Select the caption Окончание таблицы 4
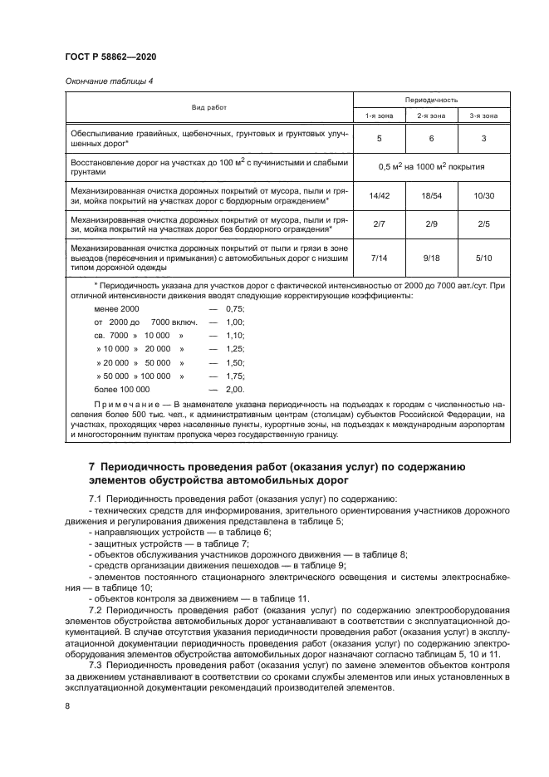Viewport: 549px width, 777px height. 109,81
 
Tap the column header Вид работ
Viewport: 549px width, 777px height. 208,107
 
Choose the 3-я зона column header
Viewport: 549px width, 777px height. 483,116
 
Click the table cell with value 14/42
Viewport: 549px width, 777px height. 379,195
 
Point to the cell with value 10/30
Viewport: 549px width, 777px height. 483,195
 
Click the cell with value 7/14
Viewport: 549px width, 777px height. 379,258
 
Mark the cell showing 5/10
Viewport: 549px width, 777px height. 483,258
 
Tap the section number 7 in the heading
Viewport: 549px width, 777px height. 91,467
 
